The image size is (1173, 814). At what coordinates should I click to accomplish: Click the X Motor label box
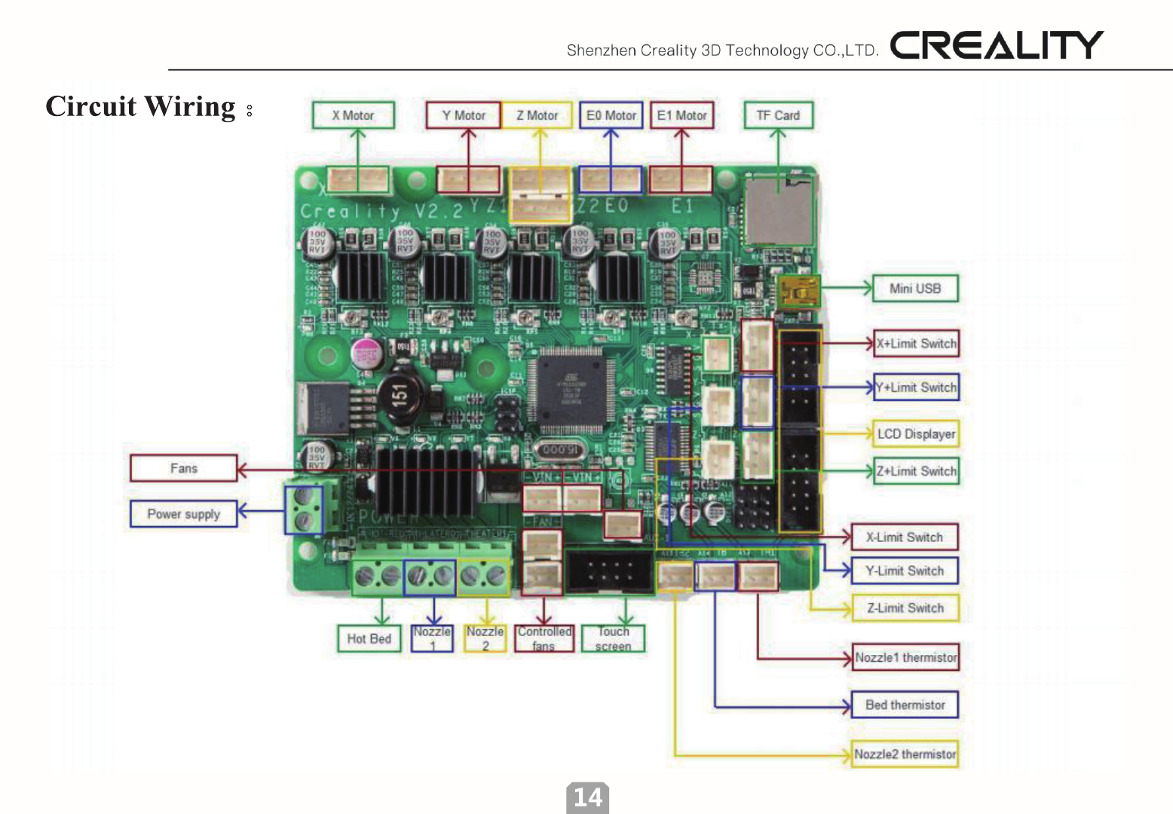pyautogui.click(x=353, y=115)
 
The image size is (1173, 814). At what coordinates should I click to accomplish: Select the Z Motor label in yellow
pyautogui.click(x=537, y=115)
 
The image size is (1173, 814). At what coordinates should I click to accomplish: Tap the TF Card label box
pyautogui.click(x=778, y=115)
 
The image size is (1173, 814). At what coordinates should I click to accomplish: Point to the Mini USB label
pyautogui.click(x=915, y=289)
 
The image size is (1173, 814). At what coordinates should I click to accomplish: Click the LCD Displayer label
pyautogui.click(x=916, y=434)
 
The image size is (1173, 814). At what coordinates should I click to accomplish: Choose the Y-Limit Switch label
pyautogui.click(x=905, y=571)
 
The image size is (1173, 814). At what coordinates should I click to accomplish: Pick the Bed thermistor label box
pyautogui.click(x=905, y=705)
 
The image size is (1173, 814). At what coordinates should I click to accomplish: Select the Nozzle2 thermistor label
pyautogui.click(x=905, y=754)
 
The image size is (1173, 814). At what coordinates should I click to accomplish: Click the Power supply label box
pyautogui.click(x=183, y=514)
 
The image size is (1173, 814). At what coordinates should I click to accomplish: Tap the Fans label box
pyautogui.click(x=183, y=468)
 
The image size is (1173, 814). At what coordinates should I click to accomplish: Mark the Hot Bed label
pyautogui.click(x=369, y=638)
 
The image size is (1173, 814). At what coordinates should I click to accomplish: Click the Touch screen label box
pyautogui.click(x=613, y=638)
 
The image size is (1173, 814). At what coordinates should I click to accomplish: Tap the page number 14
pyautogui.click(x=588, y=797)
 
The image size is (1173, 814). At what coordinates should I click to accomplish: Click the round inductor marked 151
pyautogui.click(x=400, y=393)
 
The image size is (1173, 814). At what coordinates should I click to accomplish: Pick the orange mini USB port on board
pyautogui.click(x=798, y=291)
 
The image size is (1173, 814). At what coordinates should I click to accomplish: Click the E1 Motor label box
pyautogui.click(x=681, y=115)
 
